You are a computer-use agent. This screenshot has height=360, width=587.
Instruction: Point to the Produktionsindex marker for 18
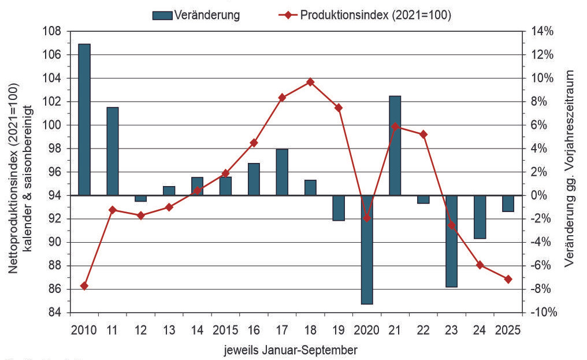tap(310, 82)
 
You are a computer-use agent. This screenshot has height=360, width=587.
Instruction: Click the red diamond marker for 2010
tap(84, 286)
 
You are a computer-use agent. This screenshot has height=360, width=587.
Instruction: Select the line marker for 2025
tap(508, 279)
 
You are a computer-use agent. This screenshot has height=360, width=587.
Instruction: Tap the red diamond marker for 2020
tap(367, 218)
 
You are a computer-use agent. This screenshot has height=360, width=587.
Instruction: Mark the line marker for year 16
tap(254, 143)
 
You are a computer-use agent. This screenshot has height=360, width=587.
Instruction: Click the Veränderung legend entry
tap(196, 16)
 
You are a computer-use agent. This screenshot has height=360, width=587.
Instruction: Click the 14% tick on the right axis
tap(542, 32)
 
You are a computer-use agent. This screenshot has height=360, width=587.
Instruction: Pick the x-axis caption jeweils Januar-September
tap(291, 350)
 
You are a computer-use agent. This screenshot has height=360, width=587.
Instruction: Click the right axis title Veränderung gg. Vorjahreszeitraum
tap(570, 169)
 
